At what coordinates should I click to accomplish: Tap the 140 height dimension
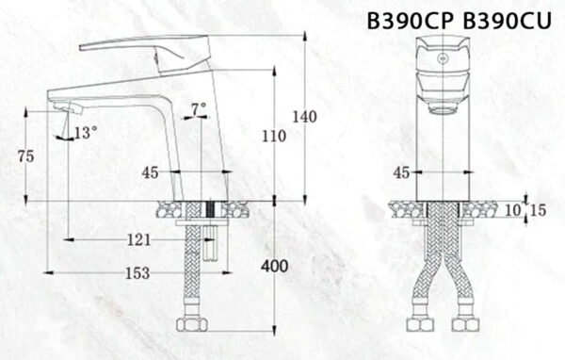tap(303, 117)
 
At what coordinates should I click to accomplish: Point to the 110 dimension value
tap(273, 136)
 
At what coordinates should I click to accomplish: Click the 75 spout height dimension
tap(27, 156)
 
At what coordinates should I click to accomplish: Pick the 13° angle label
tap(86, 133)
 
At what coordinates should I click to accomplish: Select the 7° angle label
tap(198, 109)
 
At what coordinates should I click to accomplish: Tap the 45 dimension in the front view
tap(401, 172)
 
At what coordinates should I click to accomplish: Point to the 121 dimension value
tap(137, 239)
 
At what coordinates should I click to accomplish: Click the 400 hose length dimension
tap(274, 267)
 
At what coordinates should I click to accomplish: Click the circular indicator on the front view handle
tap(441, 57)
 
